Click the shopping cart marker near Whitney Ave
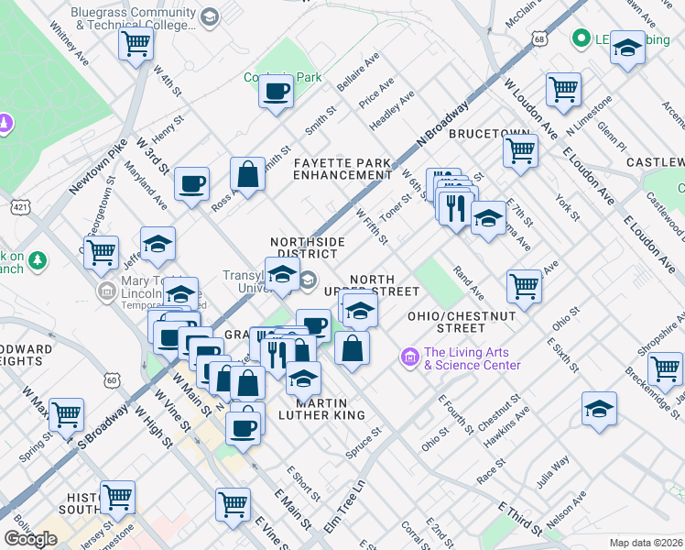[x=136, y=43]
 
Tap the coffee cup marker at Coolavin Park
[x=276, y=92]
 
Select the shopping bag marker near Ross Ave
[x=247, y=172]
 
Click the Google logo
[x=30, y=539]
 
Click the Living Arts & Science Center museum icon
[x=408, y=355]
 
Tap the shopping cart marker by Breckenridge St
[x=665, y=368]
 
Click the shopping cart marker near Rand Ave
[x=524, y=284]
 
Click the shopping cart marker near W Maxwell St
[x=67, y=414]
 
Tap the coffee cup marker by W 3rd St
[x=192, y=183]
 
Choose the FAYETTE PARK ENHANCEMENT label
[x=342, y=169]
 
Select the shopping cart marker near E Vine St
[x=234, y=502]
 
